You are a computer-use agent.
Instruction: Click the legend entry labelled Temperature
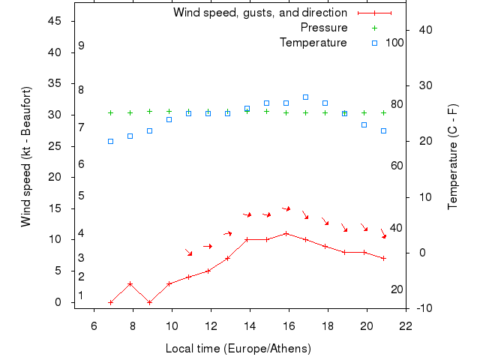(313, 43)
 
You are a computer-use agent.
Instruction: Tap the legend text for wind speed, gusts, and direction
(259, 13)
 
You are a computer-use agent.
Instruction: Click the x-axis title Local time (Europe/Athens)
(238, 349)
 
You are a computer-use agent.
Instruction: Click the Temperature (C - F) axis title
(453, 156)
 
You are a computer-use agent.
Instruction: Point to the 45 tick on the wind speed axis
(54, 21)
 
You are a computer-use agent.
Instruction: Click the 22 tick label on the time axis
(406, 325)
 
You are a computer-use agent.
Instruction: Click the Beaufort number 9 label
(81, 46)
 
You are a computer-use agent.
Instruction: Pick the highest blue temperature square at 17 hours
(305, 97)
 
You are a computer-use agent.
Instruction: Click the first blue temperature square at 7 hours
(110, 141)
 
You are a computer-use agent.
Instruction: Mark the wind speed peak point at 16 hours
(286, 233)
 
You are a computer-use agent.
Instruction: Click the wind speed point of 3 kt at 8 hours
(130, 283)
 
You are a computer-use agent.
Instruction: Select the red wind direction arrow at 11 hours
(189, 252)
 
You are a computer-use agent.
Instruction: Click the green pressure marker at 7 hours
(110, 112)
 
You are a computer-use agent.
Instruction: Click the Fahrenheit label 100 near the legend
(394, 43)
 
